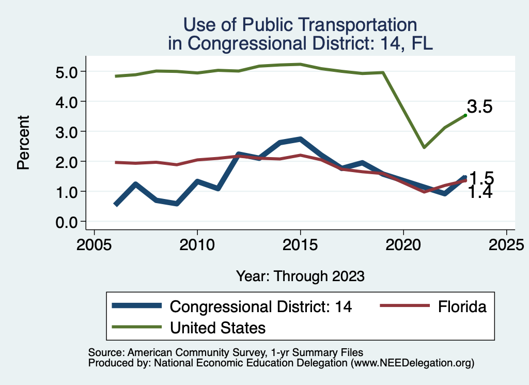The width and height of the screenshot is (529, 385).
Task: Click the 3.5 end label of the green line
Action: [479, 107]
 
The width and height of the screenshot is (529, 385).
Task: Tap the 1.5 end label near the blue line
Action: [481, 179]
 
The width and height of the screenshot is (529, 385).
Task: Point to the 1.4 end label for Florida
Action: [480, 192]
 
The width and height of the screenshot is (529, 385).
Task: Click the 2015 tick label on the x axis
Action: [300, 244]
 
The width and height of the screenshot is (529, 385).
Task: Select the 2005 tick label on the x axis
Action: [94, 244]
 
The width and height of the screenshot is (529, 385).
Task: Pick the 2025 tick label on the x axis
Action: [506, 244]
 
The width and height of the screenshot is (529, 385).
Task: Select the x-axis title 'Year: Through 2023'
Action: [300, 276]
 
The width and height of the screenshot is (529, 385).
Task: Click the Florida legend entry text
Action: [462, 306]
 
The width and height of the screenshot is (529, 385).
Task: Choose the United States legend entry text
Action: [217, 327]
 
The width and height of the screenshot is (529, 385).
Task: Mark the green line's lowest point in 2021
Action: [424, 147]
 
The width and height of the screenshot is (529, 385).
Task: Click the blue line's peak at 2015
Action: [300, 140]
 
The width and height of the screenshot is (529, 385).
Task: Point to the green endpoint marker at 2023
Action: [465, 116]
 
